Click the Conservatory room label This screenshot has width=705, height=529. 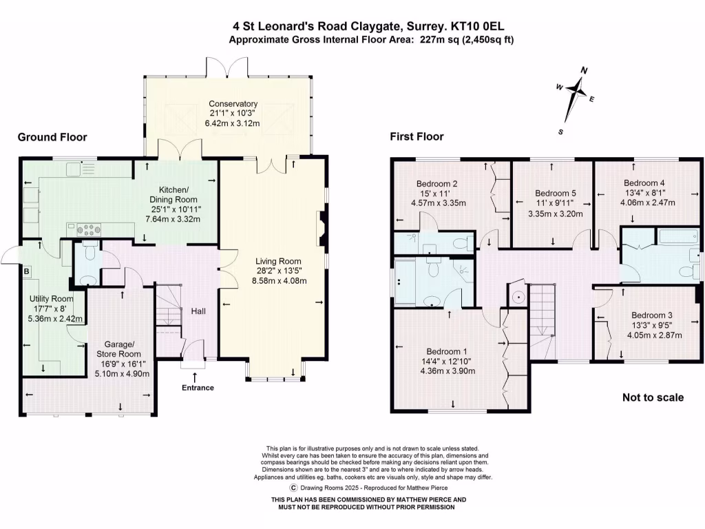click(233, 104)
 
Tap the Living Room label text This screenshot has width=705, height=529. click(279, 261)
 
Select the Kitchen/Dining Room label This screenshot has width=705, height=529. click(179, 189)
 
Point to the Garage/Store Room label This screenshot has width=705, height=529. click(124, 344)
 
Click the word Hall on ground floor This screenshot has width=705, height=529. click(198, 311)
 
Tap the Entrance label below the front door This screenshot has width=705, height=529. click(198, 388)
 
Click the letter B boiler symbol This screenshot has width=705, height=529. click(27, 271)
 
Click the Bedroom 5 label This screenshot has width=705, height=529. click(555, 193)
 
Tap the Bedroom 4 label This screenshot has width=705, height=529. click(644, 183)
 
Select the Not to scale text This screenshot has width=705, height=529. click(653, 397)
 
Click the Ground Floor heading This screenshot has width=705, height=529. click(52, 138)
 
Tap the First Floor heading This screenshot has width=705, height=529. click(417, 137)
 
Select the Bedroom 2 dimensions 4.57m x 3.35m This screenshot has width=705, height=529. click(439, 203)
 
